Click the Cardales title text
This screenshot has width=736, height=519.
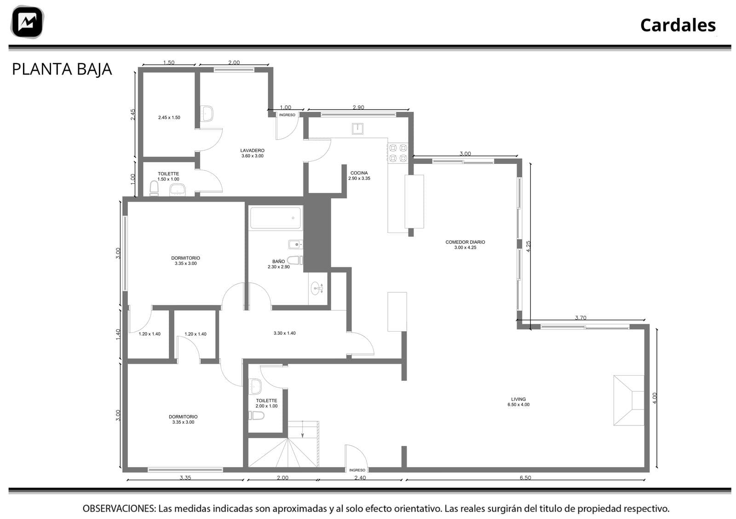point(678,25)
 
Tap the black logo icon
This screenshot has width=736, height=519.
point(27,22)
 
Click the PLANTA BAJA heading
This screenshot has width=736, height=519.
point(62,70)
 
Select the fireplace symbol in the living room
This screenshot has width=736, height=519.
point(629,400)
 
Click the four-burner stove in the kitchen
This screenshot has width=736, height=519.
point(398,153)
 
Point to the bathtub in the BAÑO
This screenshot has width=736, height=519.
point(276,218)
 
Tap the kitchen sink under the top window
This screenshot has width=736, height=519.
point(357,128)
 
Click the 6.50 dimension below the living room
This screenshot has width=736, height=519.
point(525,478)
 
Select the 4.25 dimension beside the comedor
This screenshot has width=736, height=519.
point(529,246)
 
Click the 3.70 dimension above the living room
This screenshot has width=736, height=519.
point(581,318)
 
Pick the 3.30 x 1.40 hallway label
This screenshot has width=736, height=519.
point(285,333)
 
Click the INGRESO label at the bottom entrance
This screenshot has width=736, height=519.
point(357,470)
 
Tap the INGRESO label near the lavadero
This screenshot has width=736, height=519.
point(287,115)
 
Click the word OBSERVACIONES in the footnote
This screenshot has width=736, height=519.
point(119,508)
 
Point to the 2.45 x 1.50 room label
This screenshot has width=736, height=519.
point(169,117)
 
